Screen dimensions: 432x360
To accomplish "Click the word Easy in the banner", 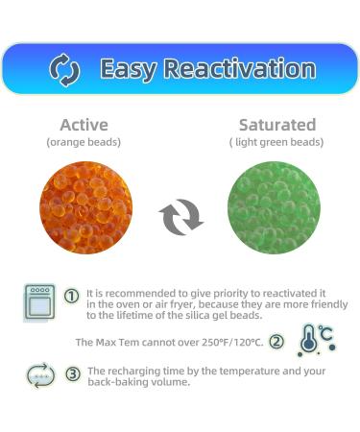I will pos(129,69).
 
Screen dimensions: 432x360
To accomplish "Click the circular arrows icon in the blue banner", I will pos(63,69).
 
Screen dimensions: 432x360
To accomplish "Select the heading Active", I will pos(84,125).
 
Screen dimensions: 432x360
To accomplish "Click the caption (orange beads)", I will pos(84,142).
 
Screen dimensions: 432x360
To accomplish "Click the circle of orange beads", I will pos(85,207).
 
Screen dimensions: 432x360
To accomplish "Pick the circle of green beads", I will pos(274,207).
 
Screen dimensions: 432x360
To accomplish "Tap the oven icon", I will pos(40,300).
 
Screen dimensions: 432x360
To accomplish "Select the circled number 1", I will pos(71,296).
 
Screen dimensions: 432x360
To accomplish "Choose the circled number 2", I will pos(276,341).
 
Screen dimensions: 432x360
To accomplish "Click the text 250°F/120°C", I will pos(227,342).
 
